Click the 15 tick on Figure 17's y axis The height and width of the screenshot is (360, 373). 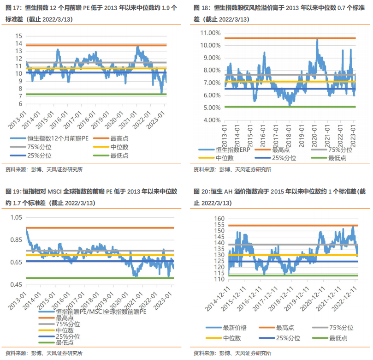18,36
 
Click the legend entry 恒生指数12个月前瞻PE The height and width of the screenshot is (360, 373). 51,138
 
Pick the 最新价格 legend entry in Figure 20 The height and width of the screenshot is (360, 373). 235,328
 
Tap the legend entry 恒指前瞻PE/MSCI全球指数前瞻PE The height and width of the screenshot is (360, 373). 100,312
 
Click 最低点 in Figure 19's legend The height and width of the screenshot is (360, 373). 65,342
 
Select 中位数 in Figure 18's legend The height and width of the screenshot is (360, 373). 225,158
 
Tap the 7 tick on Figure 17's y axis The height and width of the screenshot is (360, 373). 20,96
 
